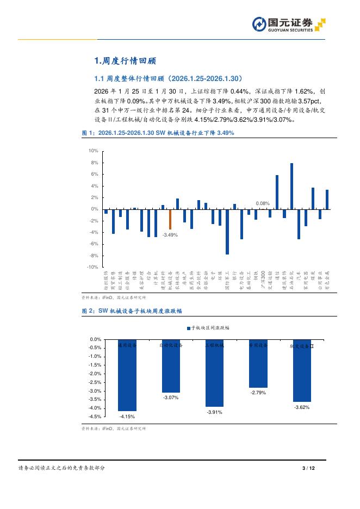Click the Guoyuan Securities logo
point(288,24)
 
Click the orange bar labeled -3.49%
point(170,219)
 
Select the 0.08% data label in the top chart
point(263,203)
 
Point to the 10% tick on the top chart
point(93,151)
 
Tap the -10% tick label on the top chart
point(92,267)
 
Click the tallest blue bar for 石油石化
point(291,186)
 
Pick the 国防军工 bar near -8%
point(227,232)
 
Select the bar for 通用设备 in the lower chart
point(127,375)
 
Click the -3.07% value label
point(171,398)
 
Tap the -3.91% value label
point(214,412)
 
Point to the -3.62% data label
point(301,407)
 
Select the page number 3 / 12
point(308,468)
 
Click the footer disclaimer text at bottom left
point(61,468)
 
